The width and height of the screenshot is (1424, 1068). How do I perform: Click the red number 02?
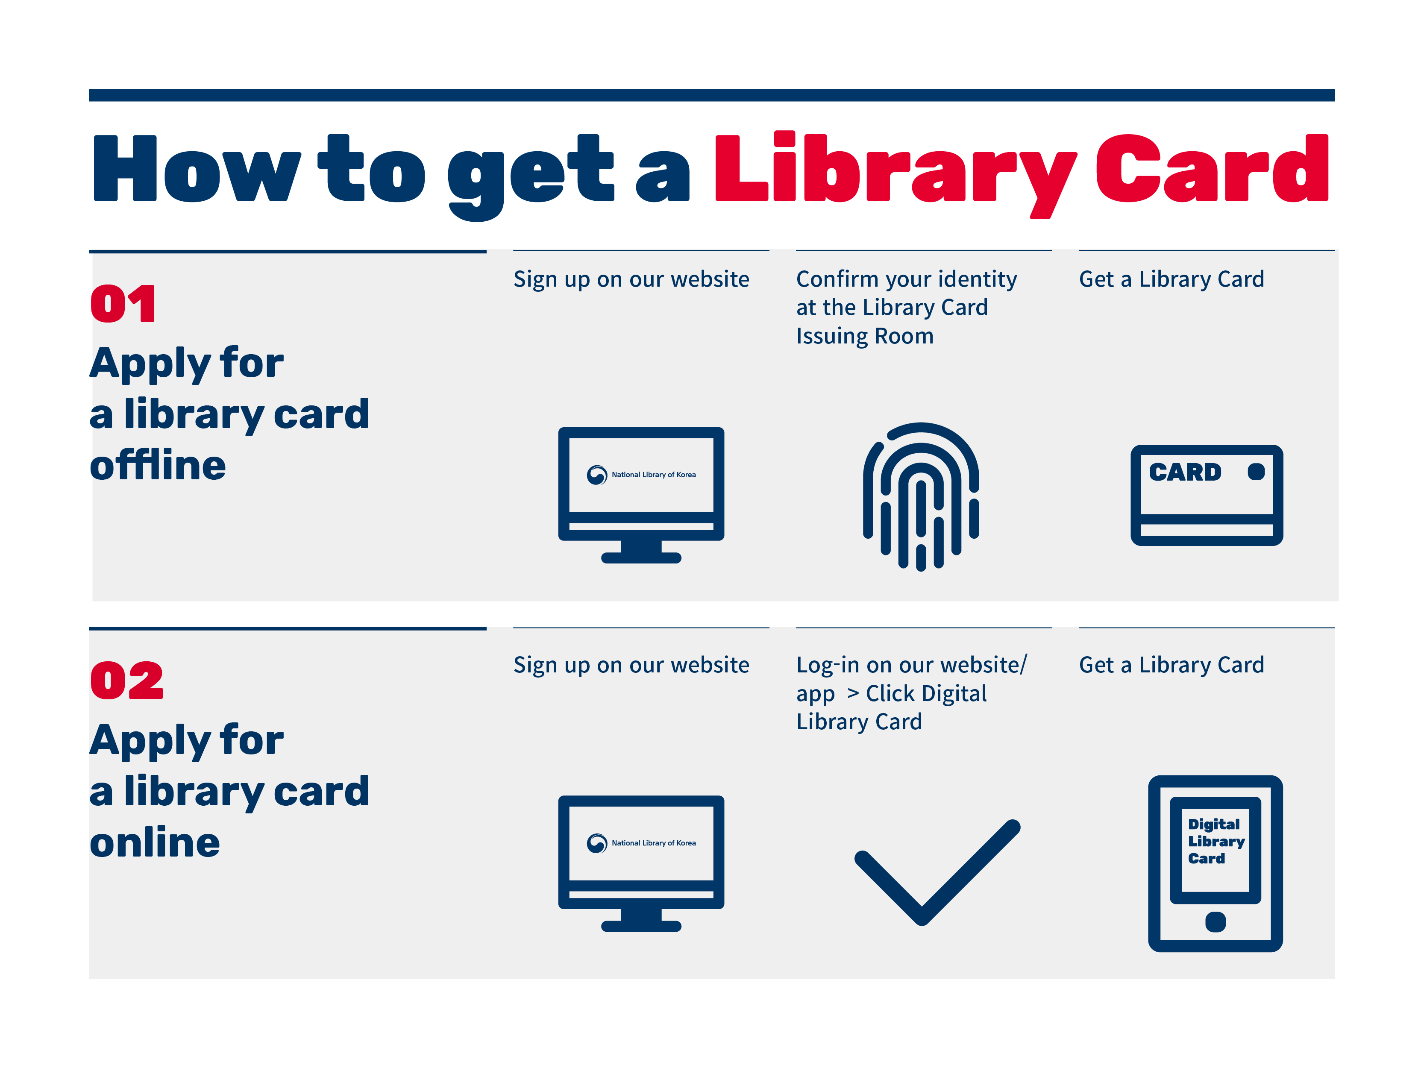point(127,681)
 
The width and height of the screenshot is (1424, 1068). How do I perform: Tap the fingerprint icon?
point(921,496)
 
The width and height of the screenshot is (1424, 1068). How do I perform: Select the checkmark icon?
point(937,872)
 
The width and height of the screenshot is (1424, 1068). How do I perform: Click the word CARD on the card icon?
point(1185,472)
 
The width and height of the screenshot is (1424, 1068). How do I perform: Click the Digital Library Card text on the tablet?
point(1216,841)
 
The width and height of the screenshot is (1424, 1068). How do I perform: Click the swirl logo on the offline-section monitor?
point(597,475)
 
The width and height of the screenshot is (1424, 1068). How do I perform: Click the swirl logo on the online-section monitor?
point(597,843)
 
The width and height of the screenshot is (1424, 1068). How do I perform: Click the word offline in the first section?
point(158,465)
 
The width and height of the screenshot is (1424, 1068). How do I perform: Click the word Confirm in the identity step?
point(837,279)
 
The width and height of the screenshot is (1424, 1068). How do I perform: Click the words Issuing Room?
point(865,337)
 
